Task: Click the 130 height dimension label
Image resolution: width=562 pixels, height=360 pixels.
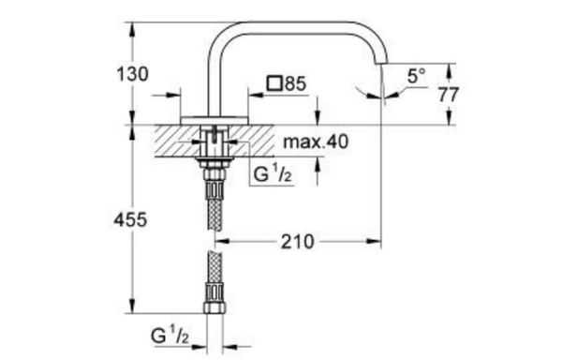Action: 132,74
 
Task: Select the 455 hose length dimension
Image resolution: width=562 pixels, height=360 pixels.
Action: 130,219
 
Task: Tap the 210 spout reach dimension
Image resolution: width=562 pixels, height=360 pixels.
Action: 297,242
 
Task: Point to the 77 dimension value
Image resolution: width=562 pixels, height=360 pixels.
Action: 449,95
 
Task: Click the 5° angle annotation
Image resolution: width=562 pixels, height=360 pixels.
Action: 417,76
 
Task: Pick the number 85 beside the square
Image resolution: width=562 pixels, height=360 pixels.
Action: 296,83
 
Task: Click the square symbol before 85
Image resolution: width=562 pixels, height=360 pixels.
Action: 274,83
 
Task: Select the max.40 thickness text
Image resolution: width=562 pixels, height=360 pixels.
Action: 316,142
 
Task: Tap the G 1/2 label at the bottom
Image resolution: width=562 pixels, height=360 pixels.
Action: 170,336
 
